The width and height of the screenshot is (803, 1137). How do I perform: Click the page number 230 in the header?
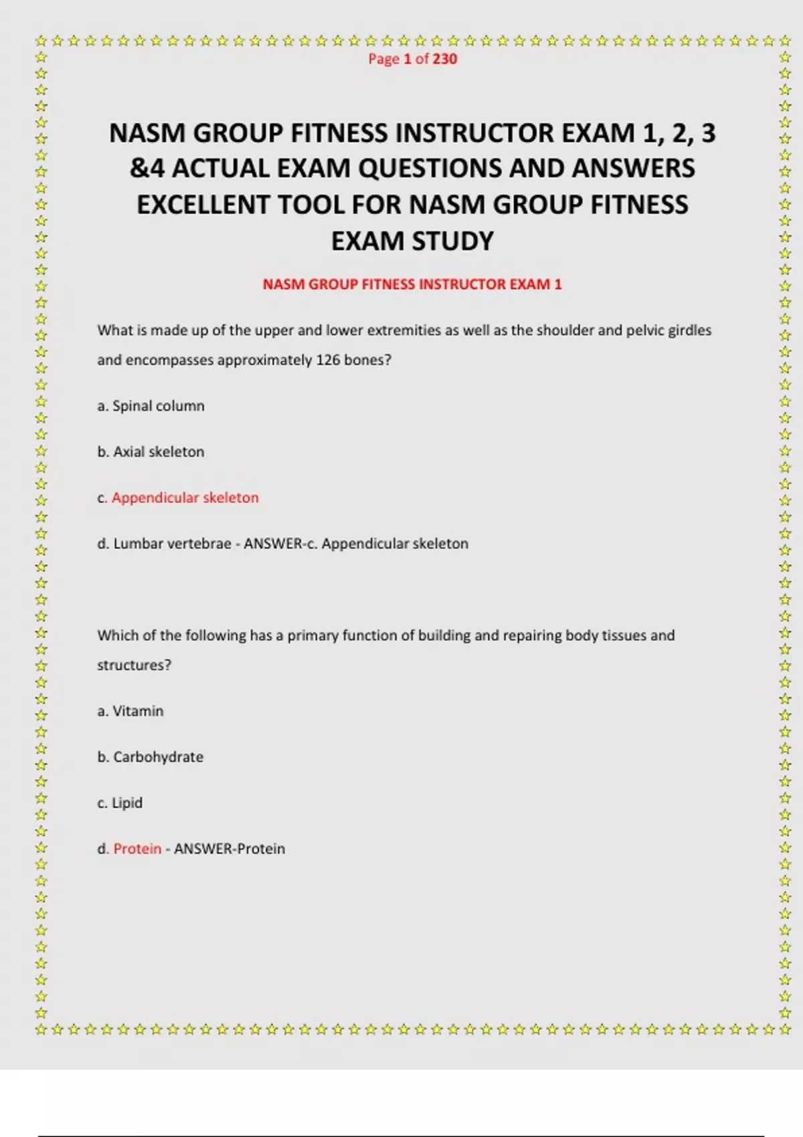coord(444,59)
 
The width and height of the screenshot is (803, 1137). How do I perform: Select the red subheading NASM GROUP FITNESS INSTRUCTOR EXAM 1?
coord(412,284)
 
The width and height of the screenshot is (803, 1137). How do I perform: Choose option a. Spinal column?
coord(151,406)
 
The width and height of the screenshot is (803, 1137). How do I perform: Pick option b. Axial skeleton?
coord(151,452)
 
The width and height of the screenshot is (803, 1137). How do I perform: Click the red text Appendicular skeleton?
coord(185,498)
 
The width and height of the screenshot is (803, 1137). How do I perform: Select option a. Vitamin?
coord(130,711)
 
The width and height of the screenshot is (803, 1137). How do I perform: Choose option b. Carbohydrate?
coord(151,757)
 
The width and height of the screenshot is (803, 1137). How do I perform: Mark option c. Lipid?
coord(120,803)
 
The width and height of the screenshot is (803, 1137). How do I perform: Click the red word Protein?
coord(137,849)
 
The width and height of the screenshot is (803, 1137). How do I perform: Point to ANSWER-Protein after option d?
coord(230,849)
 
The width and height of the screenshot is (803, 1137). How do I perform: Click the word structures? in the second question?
coord(134,665)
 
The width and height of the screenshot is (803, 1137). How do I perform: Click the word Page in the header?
coord(383,59)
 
